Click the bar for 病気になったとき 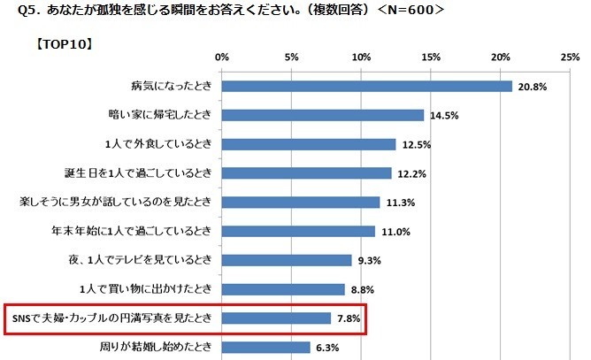coord(366,86)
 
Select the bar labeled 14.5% coord(323,115)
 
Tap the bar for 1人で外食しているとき coord(309,144)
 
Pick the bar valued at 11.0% coord(298,232)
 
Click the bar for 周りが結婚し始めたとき coord(265,348)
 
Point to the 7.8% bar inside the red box coord(276,318)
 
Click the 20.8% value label coord(532,87)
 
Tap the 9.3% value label coord(371,260)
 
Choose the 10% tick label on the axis coord(361,57)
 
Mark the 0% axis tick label coord(221,57)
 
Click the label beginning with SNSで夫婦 coord(110,318)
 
